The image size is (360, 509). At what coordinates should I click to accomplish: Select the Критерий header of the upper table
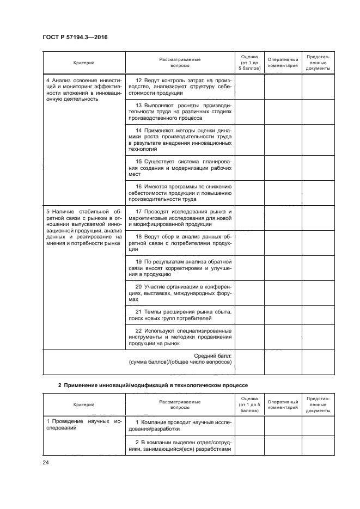tap(84, 62)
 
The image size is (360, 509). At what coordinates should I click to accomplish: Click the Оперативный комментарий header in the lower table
tap(283, 404)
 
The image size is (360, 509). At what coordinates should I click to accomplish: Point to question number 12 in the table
tap(139, 81)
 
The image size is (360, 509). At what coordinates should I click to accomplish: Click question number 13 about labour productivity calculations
tap(139, 105)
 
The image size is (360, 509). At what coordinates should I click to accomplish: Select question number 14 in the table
tap(139, 130)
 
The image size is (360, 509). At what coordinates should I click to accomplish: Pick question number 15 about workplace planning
tap(139, 161)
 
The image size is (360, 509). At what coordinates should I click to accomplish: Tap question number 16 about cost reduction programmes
tap(139, 187)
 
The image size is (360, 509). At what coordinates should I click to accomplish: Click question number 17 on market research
tap(139, 211)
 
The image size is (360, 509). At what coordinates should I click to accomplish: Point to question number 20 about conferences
tap(139, 286)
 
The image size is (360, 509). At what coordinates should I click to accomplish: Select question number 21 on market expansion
tap(139, 311)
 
